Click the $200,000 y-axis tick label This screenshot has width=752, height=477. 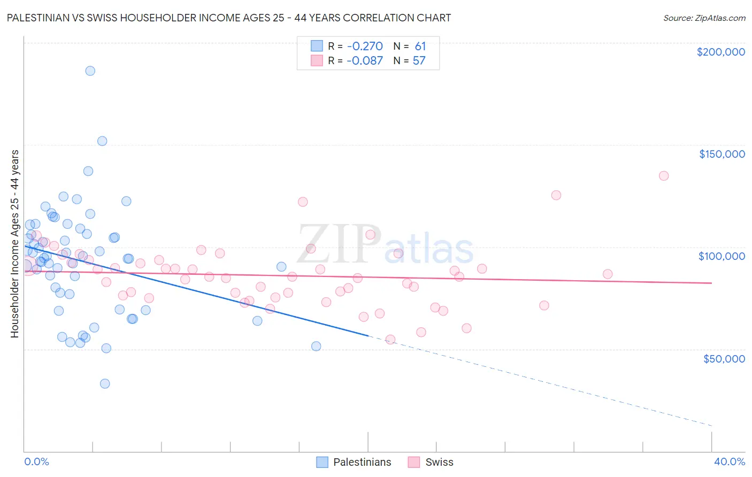720,52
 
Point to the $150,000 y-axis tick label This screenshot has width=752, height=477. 722,154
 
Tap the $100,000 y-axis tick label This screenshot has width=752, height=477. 722,256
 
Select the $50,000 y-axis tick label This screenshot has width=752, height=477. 724,358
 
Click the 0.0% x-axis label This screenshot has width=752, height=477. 36,461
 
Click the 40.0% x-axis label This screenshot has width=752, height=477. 729,461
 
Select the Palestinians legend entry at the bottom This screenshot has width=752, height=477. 354,462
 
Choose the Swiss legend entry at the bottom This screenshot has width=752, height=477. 431,462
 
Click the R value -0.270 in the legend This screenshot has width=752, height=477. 365,47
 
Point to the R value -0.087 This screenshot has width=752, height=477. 365,61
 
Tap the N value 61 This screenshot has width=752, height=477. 420,47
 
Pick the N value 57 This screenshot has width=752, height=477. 419,61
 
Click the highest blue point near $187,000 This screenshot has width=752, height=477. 90,71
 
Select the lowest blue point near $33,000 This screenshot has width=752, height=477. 105,384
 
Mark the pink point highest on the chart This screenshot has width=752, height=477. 664,176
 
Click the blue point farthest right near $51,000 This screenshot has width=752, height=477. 316,347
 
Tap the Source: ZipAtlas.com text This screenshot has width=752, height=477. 704,18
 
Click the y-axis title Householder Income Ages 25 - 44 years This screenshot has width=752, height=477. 15,244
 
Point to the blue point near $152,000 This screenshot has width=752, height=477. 102,141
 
